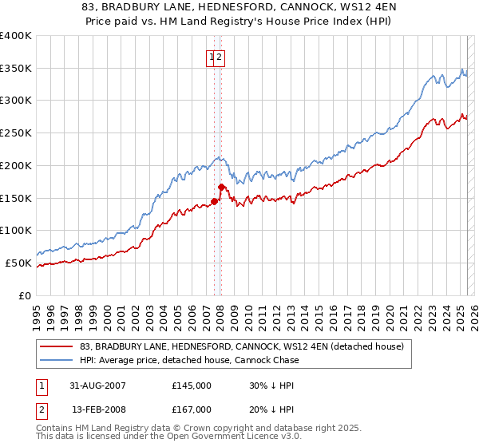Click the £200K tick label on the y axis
16,165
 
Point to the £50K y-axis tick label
18,263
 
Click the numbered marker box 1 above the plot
212,57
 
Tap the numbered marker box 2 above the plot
220,57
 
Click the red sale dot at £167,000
221,187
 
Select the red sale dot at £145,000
215,201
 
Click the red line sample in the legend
56,346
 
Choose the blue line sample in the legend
56,360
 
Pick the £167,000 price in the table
192,409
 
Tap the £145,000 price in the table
192,385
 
